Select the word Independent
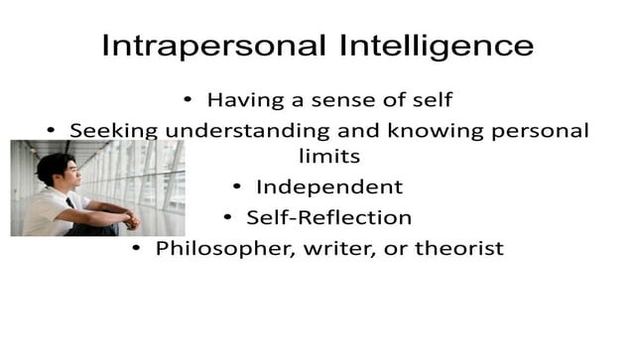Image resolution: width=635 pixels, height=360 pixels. pos(329,186)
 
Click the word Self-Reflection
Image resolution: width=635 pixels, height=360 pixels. pos(328,216)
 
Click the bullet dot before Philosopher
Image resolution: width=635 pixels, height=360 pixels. pos(138,248)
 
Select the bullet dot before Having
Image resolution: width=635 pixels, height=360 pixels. pos(189,100)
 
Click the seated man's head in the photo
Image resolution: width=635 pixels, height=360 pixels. pos(56,169)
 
